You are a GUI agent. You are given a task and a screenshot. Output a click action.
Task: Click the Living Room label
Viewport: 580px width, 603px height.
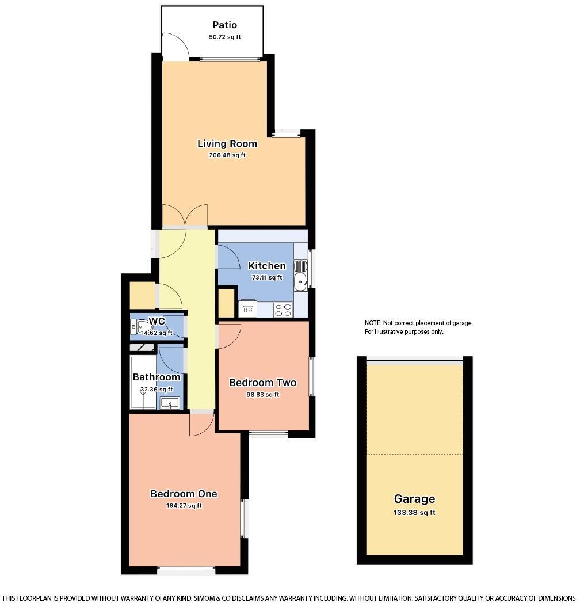(x=227, y=143)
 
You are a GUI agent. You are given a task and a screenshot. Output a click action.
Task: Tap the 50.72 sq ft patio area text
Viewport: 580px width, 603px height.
(x=224, y=37)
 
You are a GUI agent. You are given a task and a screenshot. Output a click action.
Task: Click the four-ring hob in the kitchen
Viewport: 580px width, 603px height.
(x=283, y=310)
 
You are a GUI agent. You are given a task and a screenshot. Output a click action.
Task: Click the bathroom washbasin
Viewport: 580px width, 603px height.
(x=169, y=403)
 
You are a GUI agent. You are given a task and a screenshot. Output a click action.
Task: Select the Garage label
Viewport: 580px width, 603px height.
(x=414, y=499)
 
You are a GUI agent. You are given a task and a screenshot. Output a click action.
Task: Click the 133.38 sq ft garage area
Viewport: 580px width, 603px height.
(x=414, y=513)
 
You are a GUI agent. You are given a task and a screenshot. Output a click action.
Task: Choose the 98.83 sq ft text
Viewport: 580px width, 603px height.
(x=262, y=395)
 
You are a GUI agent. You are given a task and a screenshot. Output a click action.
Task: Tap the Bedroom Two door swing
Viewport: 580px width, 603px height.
(x=229, y=335)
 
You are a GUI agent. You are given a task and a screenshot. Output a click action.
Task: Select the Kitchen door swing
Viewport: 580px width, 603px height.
(x=228, y=257)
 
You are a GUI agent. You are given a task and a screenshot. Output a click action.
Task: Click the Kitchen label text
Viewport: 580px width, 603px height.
(x=267, y=266)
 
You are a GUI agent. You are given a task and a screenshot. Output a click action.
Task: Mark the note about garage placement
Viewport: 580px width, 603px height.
(x=418, y=327)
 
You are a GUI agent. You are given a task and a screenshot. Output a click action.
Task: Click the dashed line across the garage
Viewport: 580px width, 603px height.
(x=414, y=454)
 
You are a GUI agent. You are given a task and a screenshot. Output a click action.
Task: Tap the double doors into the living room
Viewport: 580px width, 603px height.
(x=185, y=216)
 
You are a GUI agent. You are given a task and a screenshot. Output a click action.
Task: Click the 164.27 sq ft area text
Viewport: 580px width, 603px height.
(x=184, y=506)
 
